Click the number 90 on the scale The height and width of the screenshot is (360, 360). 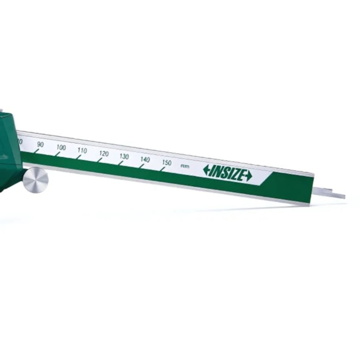tap(39, 145)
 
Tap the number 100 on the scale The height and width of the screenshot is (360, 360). tap(61, 148)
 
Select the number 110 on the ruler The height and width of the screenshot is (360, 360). tap(82, 151)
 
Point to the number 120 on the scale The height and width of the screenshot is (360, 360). tap(104, 153)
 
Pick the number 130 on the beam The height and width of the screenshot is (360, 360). tap(124, 157)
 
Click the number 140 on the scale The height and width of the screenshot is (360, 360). tap(145, 160)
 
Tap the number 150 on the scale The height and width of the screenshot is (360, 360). tap(167, 163)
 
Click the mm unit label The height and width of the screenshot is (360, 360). tap(184, 166)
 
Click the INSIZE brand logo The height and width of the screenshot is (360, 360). tap(227, 173)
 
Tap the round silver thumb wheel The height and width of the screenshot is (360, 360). tap(35, 179)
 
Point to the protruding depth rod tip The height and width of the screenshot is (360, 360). tap(335, 194)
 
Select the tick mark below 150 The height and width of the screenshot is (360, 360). tap(162, 168)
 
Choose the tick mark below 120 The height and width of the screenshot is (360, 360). tap(99, 160)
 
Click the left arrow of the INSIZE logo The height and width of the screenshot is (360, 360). tap(207, 170)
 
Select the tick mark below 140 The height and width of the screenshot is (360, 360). tap(141, 166)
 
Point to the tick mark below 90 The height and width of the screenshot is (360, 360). tap(36, 151)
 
